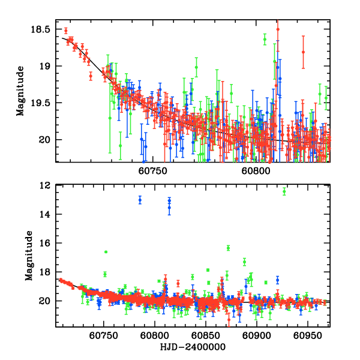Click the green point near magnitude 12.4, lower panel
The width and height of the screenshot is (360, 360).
(284, 191)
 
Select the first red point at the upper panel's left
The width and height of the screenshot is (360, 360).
(66, 31)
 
